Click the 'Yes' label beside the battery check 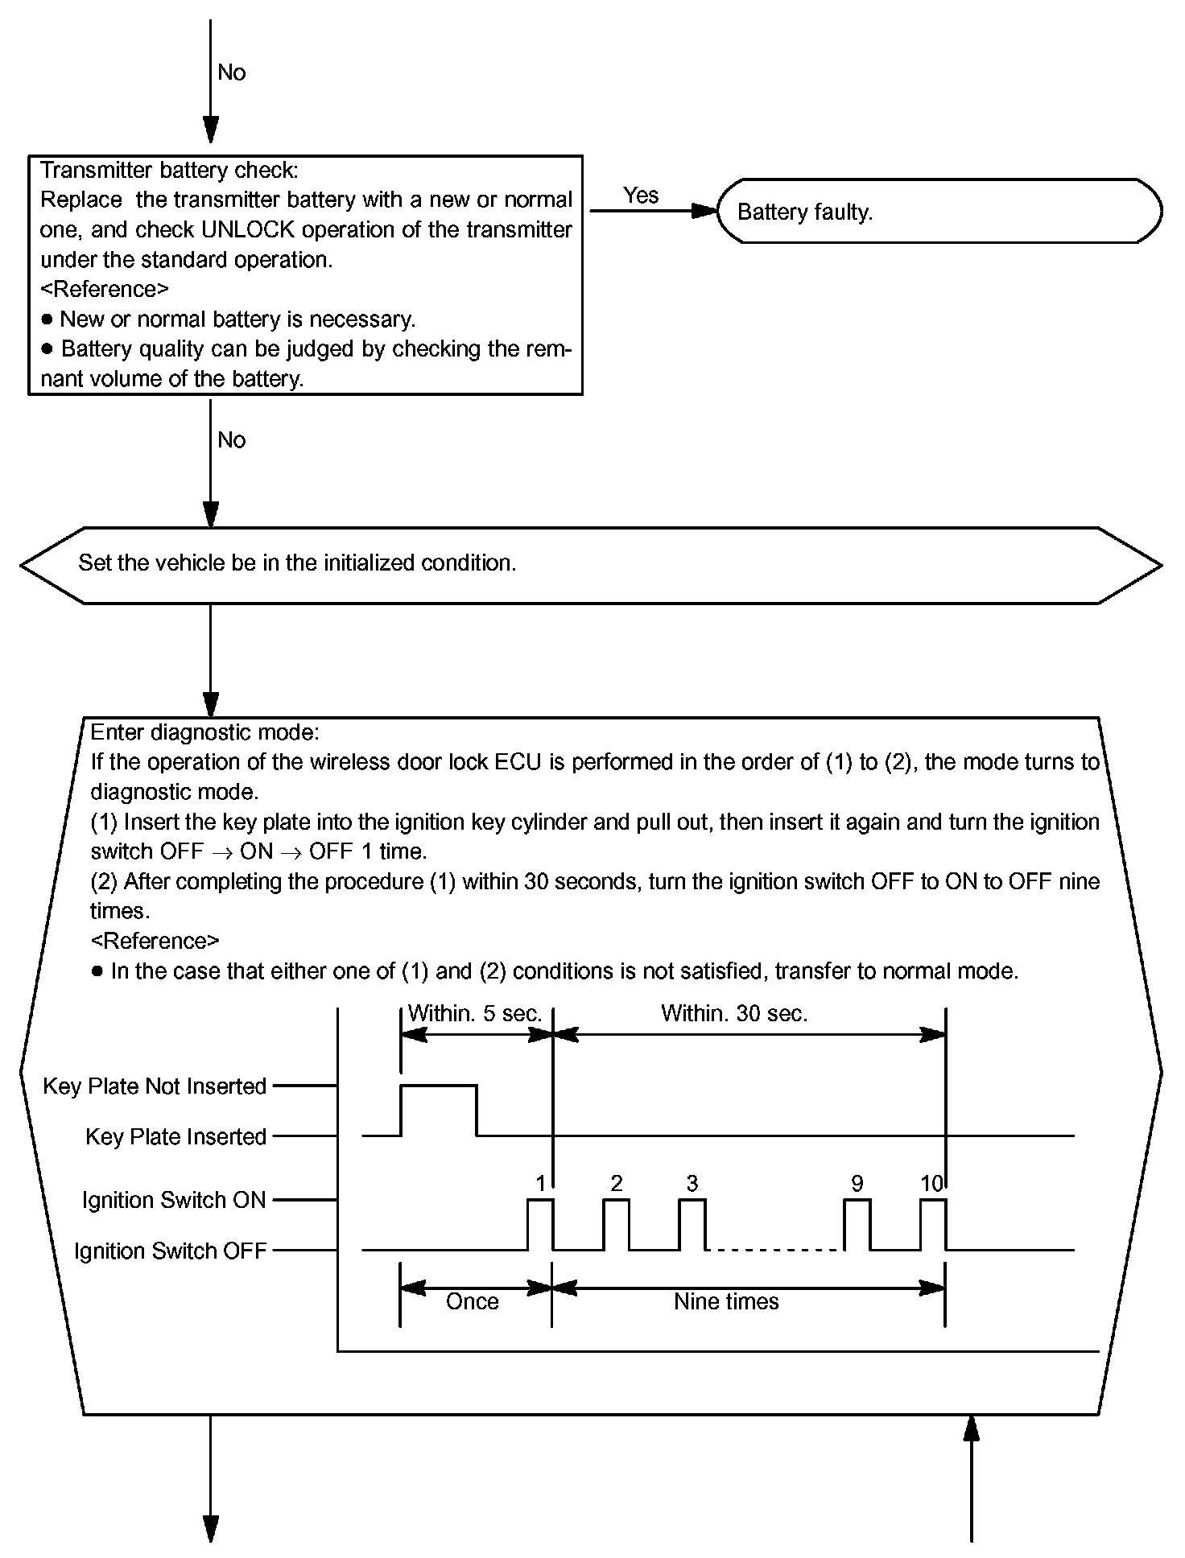click(x=641, y=196)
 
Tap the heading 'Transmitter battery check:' click(x=169, y=171)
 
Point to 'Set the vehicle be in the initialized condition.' click(x=297, y=563)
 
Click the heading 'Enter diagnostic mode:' click(x=204, y=732)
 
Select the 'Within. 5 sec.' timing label click(x=474, y=1014)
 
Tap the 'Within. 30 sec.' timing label click(x=734, y=1014)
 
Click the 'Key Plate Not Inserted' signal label click(x=155, y=1086)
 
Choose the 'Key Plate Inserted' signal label click(x=176, y=1137)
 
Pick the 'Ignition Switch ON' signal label click(x=174, y=1201)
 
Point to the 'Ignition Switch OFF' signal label click(x=170, y=1251)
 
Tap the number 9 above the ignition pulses click(x=857, y=1184)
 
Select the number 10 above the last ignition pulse click(x=931, y=1184)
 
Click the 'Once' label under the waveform click(x=473, y=1302)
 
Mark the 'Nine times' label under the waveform click(x=726, y=1302)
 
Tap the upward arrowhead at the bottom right click(x=972, y=1428)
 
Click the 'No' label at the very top click(x=232, y=73)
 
